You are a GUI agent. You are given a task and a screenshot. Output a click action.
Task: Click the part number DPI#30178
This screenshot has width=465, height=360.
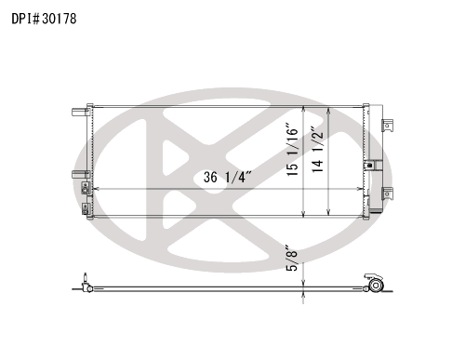click(x=44, y=19)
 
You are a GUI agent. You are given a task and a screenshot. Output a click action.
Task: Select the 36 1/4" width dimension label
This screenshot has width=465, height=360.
click(x=227, y=177)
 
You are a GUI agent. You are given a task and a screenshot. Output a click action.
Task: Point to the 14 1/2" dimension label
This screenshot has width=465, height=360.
click(x=317, y=150)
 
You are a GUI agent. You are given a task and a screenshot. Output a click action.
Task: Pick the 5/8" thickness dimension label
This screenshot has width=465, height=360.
click(x=292, y=258)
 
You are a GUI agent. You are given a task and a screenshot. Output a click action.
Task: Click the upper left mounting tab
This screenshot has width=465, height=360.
click(x=81, y=112)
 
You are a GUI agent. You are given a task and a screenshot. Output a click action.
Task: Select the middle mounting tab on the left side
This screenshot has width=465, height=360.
click(x=81, y=175)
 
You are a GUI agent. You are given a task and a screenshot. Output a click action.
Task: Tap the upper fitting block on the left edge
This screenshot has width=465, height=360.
click(x=86, y=188)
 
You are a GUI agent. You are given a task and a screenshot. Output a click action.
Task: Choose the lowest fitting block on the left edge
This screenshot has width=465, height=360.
click(x=86, y=208)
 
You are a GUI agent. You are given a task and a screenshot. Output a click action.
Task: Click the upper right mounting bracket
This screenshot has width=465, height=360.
click(x=388, y=126)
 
